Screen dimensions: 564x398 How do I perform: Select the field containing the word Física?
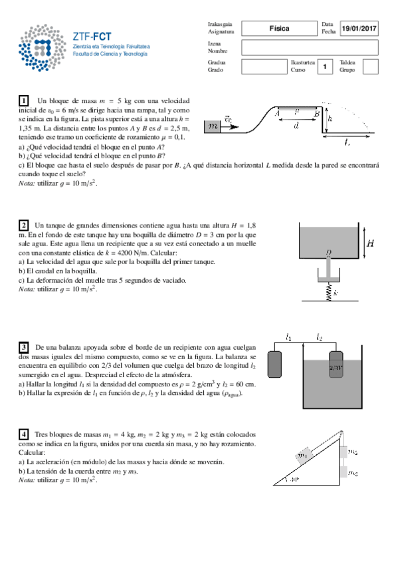point(279,28)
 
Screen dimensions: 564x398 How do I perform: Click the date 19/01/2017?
point(358,28)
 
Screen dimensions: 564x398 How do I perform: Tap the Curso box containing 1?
point(324,67)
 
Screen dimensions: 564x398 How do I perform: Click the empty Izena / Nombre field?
point(309,47)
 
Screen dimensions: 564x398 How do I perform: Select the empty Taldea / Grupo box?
point(371,67)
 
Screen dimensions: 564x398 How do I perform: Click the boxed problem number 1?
point(24,100)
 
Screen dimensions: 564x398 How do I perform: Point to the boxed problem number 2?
point(24,225)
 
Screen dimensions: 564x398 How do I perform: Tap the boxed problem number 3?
point(24,347)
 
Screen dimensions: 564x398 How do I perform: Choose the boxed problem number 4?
point(24,434)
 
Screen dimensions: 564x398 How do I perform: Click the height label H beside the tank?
point(371,243)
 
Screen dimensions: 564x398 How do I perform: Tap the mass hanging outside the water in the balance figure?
point(276,365)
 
